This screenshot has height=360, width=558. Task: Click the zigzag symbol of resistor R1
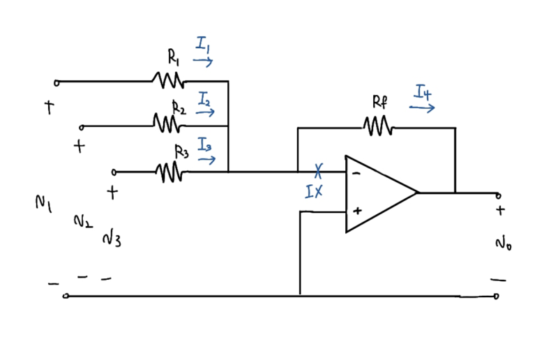pos(168,81)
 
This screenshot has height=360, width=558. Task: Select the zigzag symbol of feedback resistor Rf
pos(377,128)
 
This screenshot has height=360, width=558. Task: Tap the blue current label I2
pos(204,98)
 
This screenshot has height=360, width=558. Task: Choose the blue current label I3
pos(204,144)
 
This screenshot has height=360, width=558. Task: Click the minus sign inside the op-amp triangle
pos(356,175)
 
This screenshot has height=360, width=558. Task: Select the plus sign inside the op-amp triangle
pos(357,209)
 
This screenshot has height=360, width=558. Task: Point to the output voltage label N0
pos(503,243)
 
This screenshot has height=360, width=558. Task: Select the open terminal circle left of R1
pos(56,82)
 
